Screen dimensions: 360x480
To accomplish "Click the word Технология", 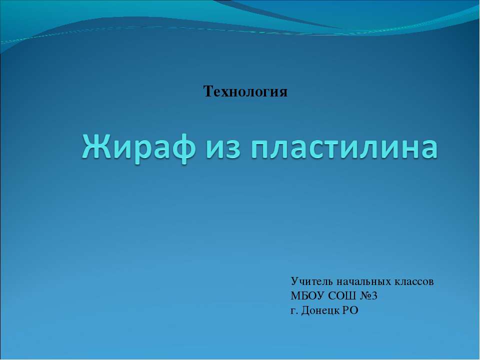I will [x=245, y=91].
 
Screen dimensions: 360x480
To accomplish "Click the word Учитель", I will [x=309, y=281].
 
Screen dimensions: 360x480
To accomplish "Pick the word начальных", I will [x=361, y=281].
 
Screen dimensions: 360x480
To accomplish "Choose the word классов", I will [x=413, y=281].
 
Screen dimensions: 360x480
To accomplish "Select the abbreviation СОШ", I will [x=337, y=296].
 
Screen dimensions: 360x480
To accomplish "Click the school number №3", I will [x=368, y=296].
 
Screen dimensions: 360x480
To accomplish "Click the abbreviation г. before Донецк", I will [x=293, y=311].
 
